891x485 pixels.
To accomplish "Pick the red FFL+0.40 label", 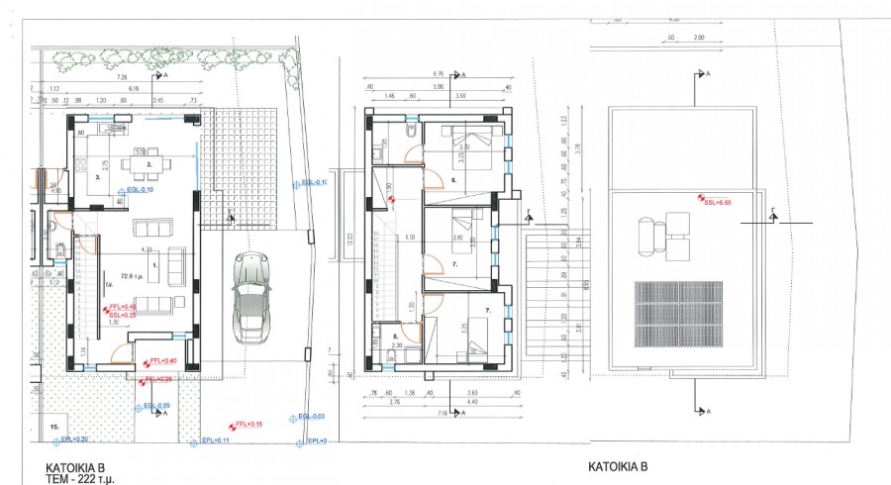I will [x=162, y=360].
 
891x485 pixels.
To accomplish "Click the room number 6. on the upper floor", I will [x=452, y=181].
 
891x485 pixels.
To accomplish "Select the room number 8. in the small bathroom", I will [x=395, y=337].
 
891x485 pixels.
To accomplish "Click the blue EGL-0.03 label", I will [x=312, y=417].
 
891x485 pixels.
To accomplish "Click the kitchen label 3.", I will [x=98, y=178].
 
